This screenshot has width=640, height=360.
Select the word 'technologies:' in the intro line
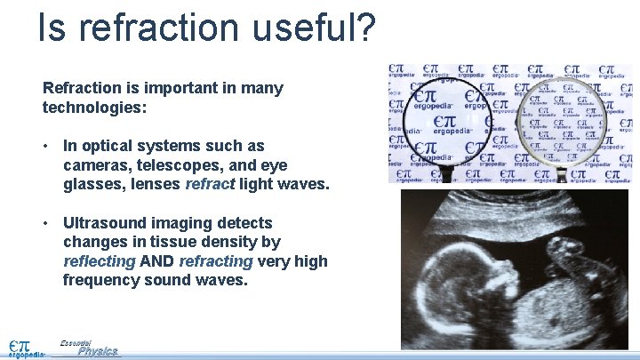pos(94,108)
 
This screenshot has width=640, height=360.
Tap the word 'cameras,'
pos(96,165)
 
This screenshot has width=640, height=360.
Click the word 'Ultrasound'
pos(108,223)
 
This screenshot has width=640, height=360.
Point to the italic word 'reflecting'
pos(99,262)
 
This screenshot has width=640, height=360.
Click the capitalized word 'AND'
pos(157,262)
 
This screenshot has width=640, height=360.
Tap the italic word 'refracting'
pos(216,262)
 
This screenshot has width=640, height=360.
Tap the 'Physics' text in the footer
pos(97,352)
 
